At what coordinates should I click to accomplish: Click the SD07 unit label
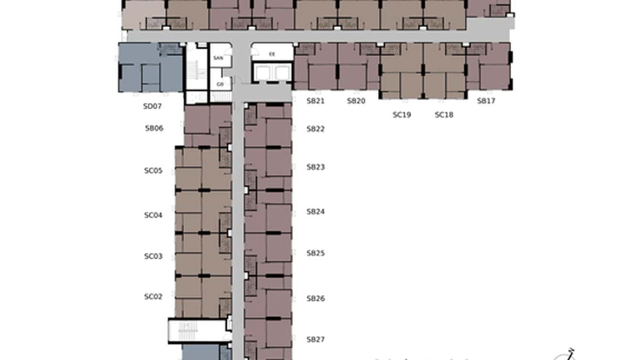152,106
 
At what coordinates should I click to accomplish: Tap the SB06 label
154,128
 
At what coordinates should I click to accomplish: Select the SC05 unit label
153,170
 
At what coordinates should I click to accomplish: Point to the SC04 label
153,215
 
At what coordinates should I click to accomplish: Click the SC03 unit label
153,256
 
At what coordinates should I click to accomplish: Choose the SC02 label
153,296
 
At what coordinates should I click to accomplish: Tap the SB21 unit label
316,101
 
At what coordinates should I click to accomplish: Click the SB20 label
356,101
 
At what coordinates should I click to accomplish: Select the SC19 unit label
402,115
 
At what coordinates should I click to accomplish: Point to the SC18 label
444,115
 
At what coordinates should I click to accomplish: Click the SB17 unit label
486,101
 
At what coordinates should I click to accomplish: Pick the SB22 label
316,129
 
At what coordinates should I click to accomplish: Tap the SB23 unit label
316,167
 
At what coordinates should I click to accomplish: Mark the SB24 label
316,212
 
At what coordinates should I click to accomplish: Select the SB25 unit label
316,253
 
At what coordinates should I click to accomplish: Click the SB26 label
316,299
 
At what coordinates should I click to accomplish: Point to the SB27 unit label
316,340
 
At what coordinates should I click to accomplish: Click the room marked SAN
218,58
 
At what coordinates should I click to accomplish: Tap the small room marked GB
220,84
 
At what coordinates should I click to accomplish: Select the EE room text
272,54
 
